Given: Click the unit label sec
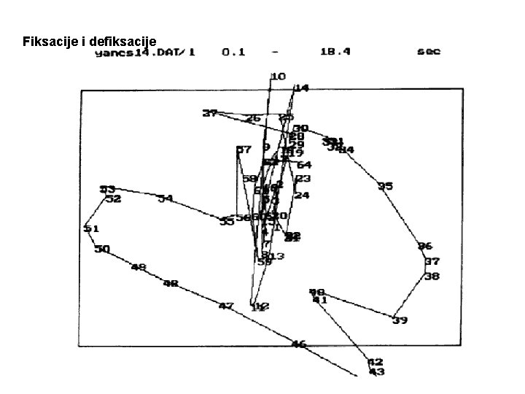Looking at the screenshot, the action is click(x=429, y=52).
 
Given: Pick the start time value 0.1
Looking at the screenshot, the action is click(x=233, y=53).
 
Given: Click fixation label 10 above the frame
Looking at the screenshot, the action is click(x=278, y=76).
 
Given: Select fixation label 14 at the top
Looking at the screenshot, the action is click(x=301, y=88).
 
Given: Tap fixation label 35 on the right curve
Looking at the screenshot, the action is click(x=385, y=186).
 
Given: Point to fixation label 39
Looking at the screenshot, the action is click(x=399, y=320).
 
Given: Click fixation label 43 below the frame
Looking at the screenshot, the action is click(x=376, y=372).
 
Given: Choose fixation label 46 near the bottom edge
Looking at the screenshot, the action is click(x=299, y=344).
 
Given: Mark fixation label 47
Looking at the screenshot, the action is click(x=226, y=306).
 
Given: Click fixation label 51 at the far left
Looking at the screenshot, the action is click(x=91, y=228).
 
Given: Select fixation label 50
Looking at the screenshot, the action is click(x=102, y=249).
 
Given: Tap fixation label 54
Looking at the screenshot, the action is click(x=166, y=198).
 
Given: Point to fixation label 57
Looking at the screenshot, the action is click(x=244, y=150).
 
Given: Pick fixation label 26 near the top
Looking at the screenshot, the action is click(x=253, y=118).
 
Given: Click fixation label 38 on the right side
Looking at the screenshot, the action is click(x=432, y=277).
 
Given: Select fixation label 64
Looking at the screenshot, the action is click(x=303, y=165).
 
